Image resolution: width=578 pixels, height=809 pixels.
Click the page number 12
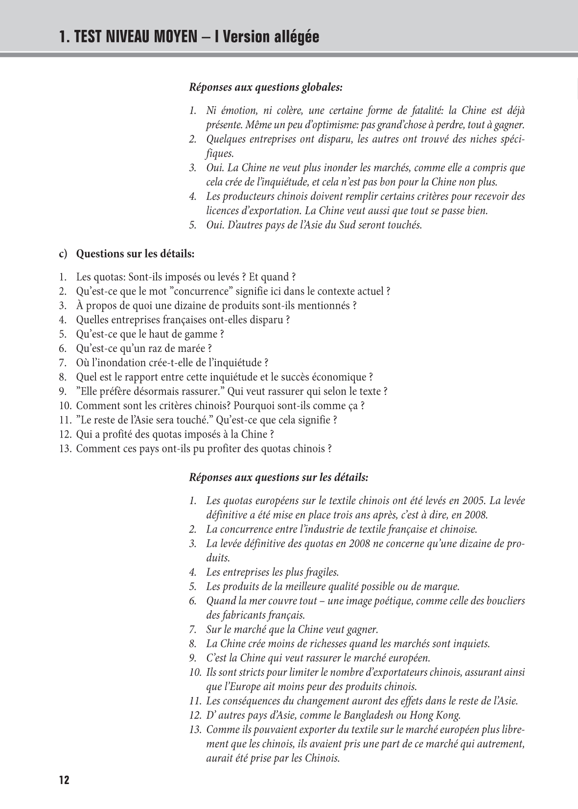(x=64, y=780)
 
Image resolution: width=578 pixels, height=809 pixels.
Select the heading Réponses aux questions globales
(x=266, y=88)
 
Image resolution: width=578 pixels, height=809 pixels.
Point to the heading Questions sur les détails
(x=135, y=254)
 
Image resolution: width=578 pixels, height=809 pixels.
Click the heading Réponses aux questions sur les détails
(x=278, y=477)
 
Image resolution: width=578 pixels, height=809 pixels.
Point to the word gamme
(x=206, y=334)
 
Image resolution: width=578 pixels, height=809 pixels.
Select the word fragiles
(x=319, y=572)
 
